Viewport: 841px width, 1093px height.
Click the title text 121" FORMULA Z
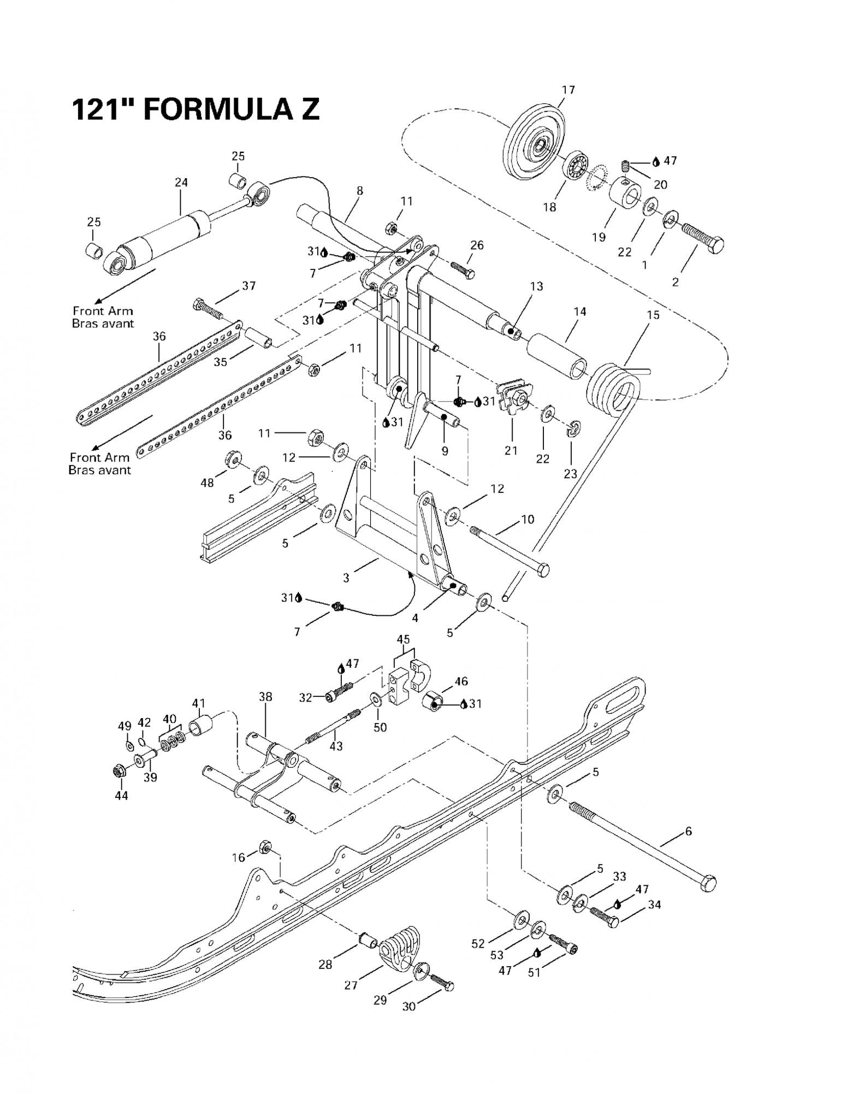195,109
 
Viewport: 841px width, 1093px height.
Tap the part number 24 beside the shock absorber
181,183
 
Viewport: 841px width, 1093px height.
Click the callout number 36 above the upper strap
159,336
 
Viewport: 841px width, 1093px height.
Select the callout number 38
265,697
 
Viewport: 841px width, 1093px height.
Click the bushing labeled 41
200,725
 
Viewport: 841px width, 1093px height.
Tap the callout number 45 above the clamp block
404,639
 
